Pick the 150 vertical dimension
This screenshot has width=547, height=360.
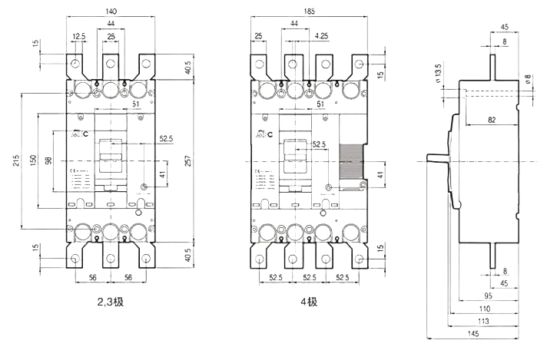pyautogui.click(x=33, y=158)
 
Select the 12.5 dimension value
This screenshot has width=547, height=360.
pyautogui.click(x=79, y=37)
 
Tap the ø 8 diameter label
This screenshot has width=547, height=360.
pyautogui.click(x=528, y=80)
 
